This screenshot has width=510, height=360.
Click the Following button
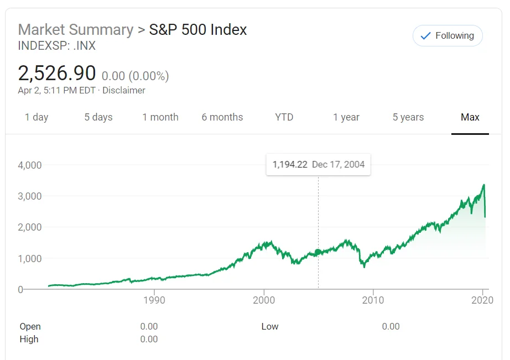447,36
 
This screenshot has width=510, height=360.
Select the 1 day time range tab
37,117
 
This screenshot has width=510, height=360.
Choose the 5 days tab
98,117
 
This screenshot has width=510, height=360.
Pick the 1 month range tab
160,117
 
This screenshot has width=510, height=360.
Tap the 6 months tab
222,117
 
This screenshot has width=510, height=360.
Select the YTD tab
284,117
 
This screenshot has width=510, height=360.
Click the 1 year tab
346,117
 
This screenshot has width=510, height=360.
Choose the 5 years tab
408,117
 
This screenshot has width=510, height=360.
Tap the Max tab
470,117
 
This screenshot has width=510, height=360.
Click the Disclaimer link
124,91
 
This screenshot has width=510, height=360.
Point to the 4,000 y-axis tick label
30,165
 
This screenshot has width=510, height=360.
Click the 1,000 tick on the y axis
30,258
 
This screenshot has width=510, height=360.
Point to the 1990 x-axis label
154,300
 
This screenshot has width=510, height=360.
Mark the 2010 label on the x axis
373,300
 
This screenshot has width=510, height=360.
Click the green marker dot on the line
318,252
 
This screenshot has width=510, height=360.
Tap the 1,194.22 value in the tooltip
290,164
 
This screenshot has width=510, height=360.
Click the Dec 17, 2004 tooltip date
339,164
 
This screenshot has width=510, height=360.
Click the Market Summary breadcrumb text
76,30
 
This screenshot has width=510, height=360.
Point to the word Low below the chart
270,327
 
